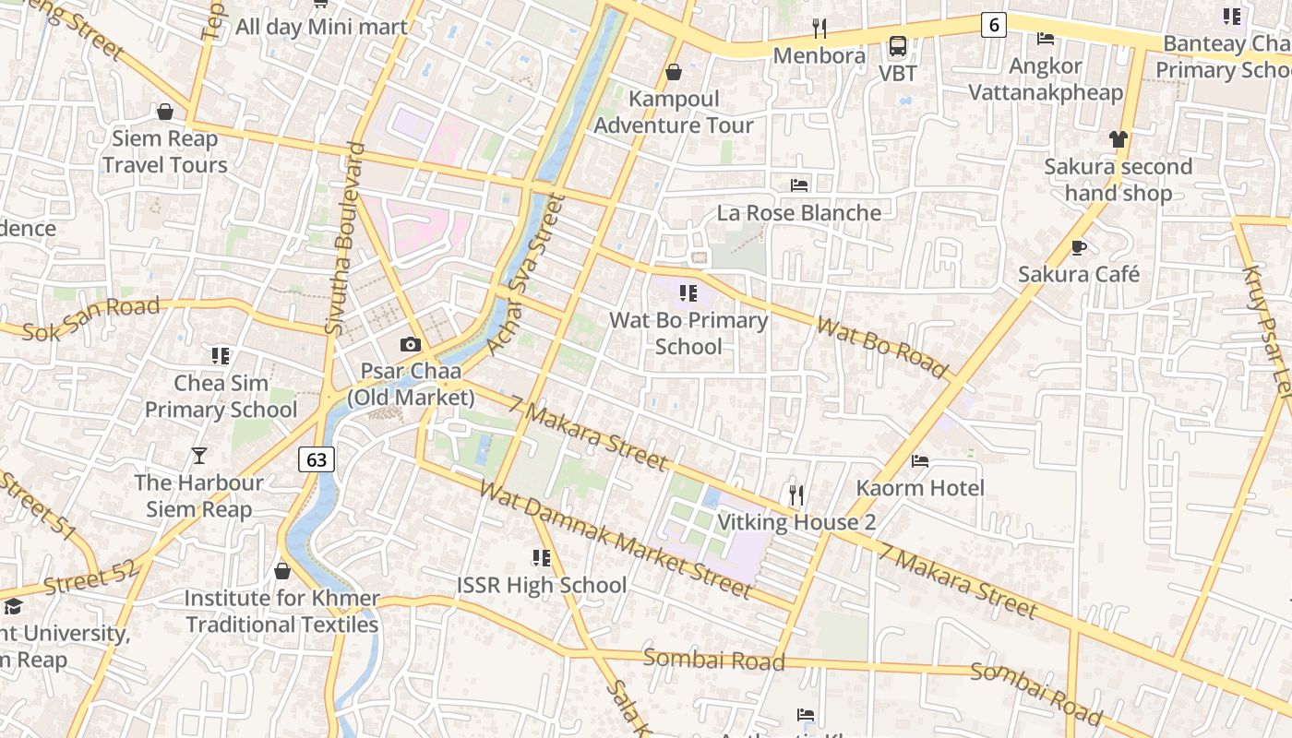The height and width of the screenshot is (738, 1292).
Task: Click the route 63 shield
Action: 316,458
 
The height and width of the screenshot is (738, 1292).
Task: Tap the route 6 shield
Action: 993,25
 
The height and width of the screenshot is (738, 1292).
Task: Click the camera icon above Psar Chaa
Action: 411,345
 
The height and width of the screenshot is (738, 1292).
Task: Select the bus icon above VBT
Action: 897,45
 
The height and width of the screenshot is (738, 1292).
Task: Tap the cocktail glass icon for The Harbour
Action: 198,455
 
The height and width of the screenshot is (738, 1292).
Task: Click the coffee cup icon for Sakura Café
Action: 1078,247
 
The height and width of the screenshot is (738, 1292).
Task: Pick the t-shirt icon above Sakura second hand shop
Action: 1119,139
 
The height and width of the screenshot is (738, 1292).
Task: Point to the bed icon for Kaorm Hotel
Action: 920,460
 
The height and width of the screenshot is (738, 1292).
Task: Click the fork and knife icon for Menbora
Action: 819,29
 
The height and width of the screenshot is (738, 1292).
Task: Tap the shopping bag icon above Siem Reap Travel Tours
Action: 165,112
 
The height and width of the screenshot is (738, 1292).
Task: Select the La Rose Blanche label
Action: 799,213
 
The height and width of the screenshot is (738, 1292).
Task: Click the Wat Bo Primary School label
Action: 688,333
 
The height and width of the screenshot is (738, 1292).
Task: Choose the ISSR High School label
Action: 542,585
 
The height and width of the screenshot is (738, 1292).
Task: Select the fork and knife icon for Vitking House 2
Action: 796,495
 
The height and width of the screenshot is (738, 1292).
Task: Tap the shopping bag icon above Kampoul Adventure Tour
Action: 674,72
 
